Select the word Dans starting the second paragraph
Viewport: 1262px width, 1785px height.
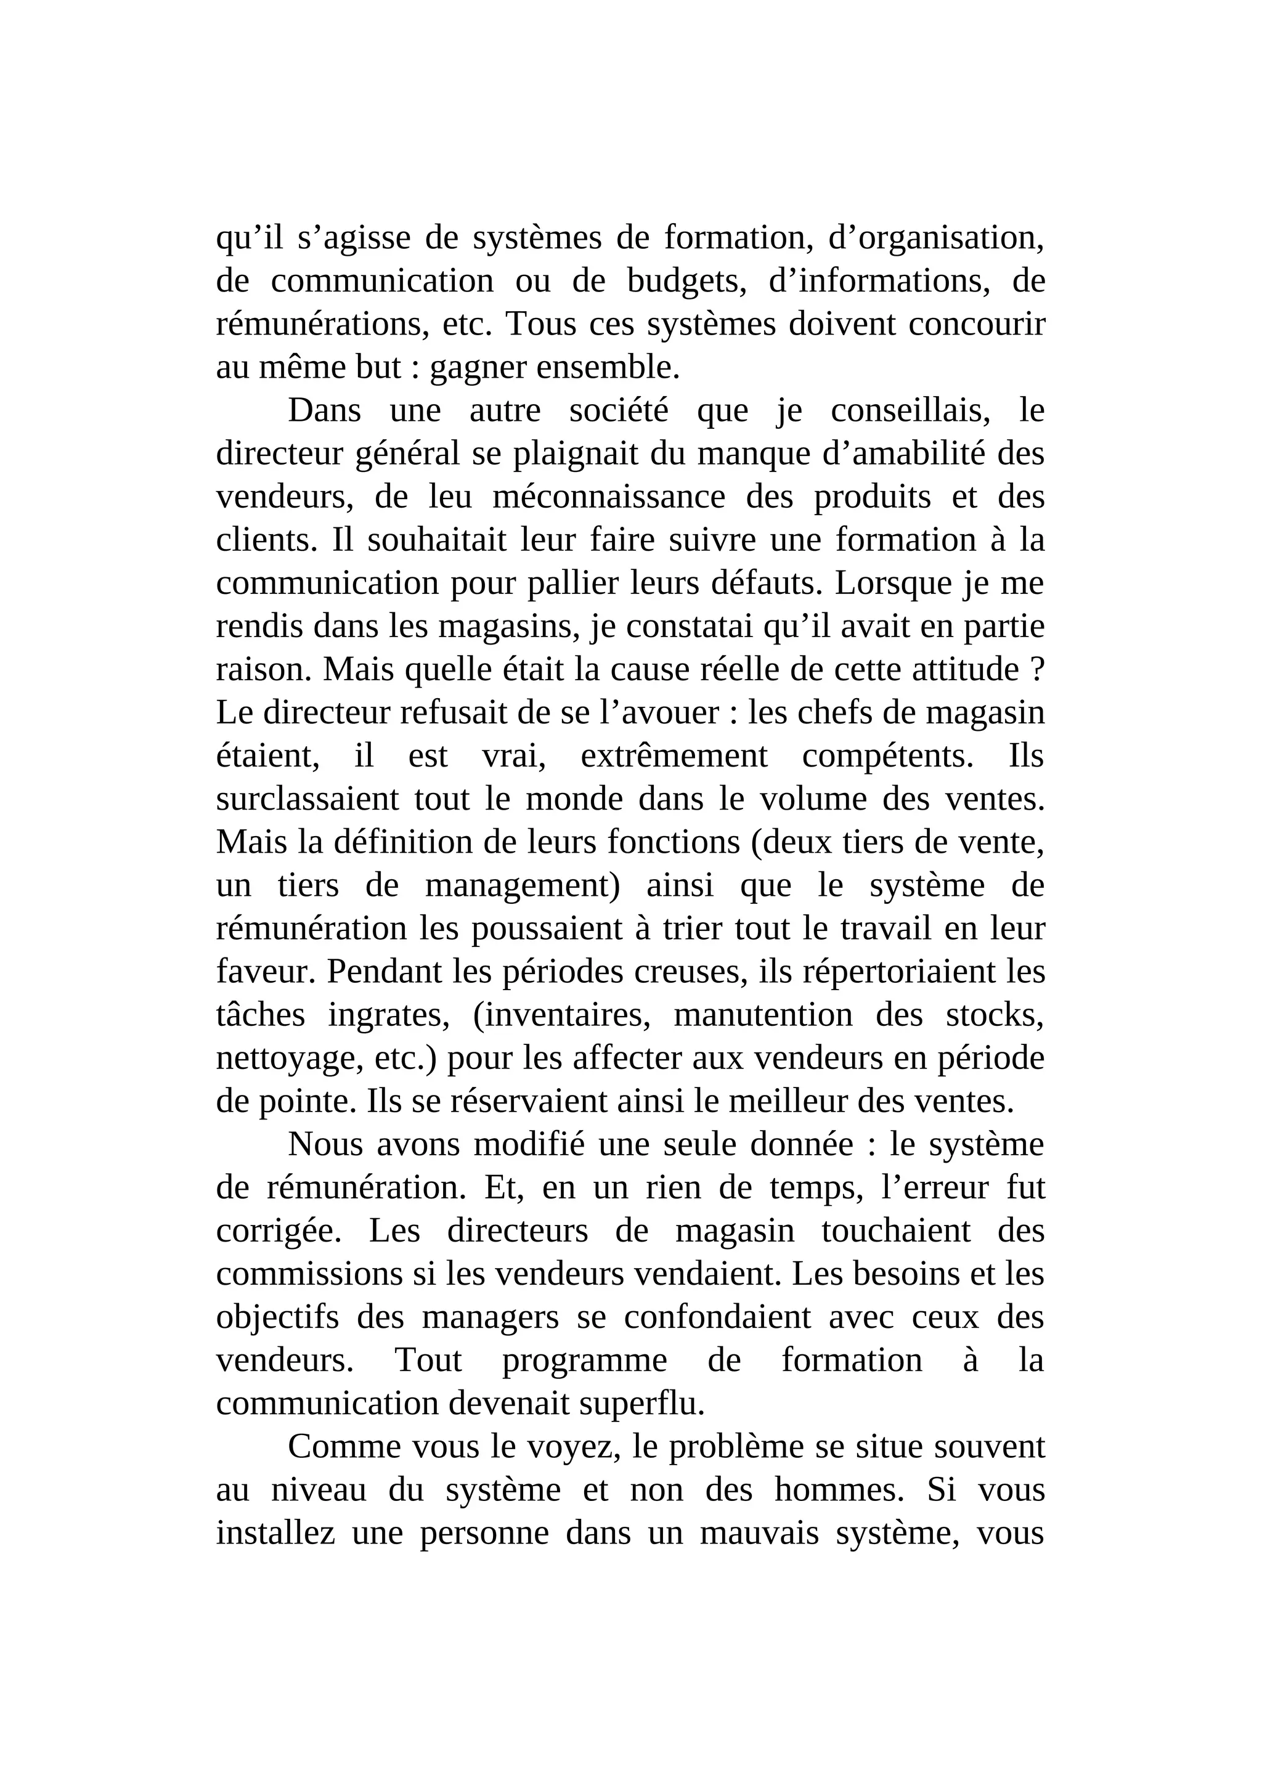(x=324, y=410)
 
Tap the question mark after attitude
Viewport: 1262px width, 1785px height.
(x=1037, y=669)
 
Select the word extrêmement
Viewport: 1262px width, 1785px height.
(x=674, y=755)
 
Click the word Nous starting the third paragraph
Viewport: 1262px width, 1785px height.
(x=327, y=1144)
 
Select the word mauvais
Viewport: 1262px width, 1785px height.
(x=760, y=1534)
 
